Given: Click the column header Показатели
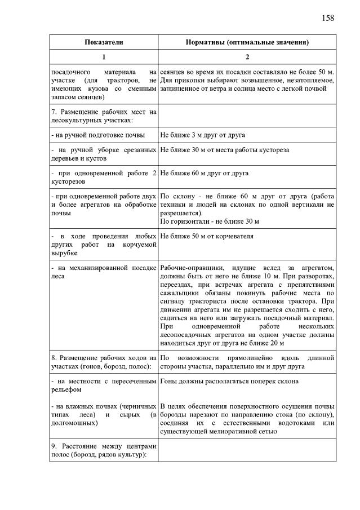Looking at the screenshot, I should pos(104,42).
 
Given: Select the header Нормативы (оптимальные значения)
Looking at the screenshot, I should pos(247,42).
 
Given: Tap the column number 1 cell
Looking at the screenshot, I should pos(104,57).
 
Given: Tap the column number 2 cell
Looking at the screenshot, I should pos(247,57).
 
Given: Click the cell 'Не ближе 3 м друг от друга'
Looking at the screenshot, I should pos(202,135).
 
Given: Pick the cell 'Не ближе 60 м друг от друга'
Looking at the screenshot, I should pos(204,173).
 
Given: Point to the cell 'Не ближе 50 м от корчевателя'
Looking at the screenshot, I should pos(207,236).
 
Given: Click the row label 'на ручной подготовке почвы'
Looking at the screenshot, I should pos(97,135).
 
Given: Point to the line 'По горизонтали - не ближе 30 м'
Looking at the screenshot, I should pos(209,221).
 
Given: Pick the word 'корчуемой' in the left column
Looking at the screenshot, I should pos(140,245).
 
